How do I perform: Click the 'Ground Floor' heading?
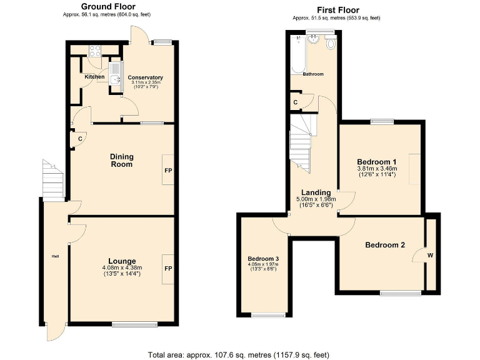pyautogui.click(x=107, y=6)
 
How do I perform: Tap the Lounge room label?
pyautogui.click(x=122, y=261)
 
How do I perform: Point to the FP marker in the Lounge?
pyautogui.click(x=168, y=268)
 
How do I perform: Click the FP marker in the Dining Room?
pyautogui.click(x=168, y=170)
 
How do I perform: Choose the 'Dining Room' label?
pyautogui.click(x=122, y=161)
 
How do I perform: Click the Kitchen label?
pyautogui.click(x=95, y=77)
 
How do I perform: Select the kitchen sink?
pyautogui.click(x=114, y=73)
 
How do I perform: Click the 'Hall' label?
pyautogui.click(x=55, y=256)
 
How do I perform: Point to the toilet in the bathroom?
pyautogui.click(x=330, y=44)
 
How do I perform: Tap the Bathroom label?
pyautogui.click(x=313, y=74)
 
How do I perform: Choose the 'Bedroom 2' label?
pyautogui.click(x=385, y=245)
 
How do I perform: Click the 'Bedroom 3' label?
pyautogui.click(x=263, y=259)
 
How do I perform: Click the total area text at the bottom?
pyautogui.click(x=238, y=354)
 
